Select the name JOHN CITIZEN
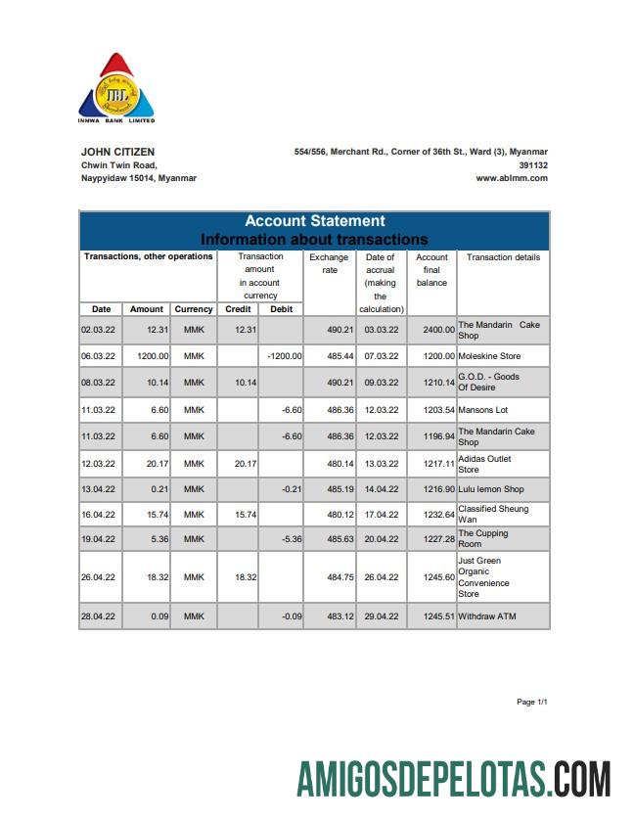[117, 152]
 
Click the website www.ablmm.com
[512, 179]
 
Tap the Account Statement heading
[314, 221]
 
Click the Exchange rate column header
[329, 263]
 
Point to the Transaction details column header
[503, 257]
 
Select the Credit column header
[238, 309]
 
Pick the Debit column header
[281, 309]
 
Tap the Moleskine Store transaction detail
[489, 356]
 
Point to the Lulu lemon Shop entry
[490, 489]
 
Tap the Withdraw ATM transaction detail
[486, 617]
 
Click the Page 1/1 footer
[531, 703]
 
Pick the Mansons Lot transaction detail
[483, 410]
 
